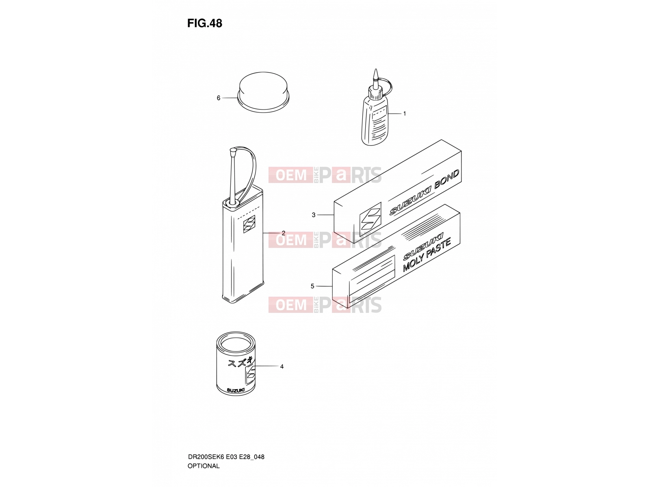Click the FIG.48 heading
204,24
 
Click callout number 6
219,98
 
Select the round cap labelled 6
263,92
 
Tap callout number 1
405,114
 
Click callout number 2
284,233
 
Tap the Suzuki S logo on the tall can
249,224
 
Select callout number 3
314,215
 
